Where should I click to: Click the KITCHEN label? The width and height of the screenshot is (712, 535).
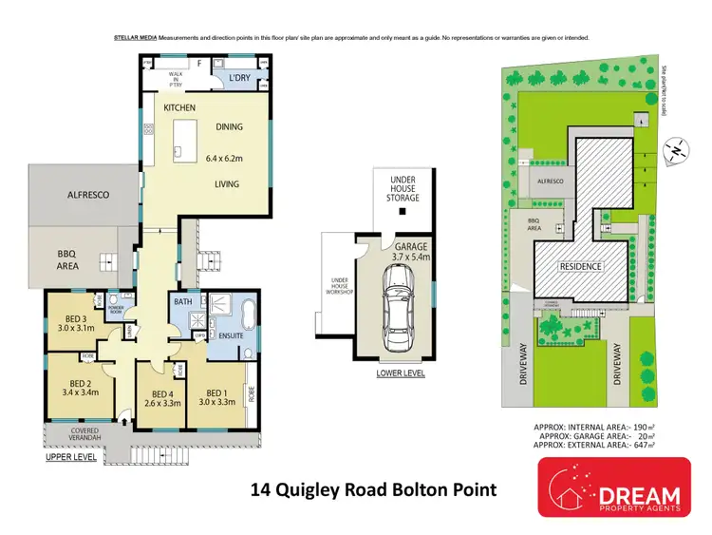(179, 108)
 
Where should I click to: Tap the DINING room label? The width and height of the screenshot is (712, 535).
(229, 126)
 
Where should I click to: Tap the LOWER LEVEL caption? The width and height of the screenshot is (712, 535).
(400, 373)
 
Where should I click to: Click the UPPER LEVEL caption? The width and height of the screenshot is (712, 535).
(72, 458)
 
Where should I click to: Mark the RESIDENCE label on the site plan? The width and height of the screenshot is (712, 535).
(579, 266)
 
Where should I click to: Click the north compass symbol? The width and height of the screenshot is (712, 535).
(673, 149)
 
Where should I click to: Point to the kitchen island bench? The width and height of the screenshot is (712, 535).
(182, 137)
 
